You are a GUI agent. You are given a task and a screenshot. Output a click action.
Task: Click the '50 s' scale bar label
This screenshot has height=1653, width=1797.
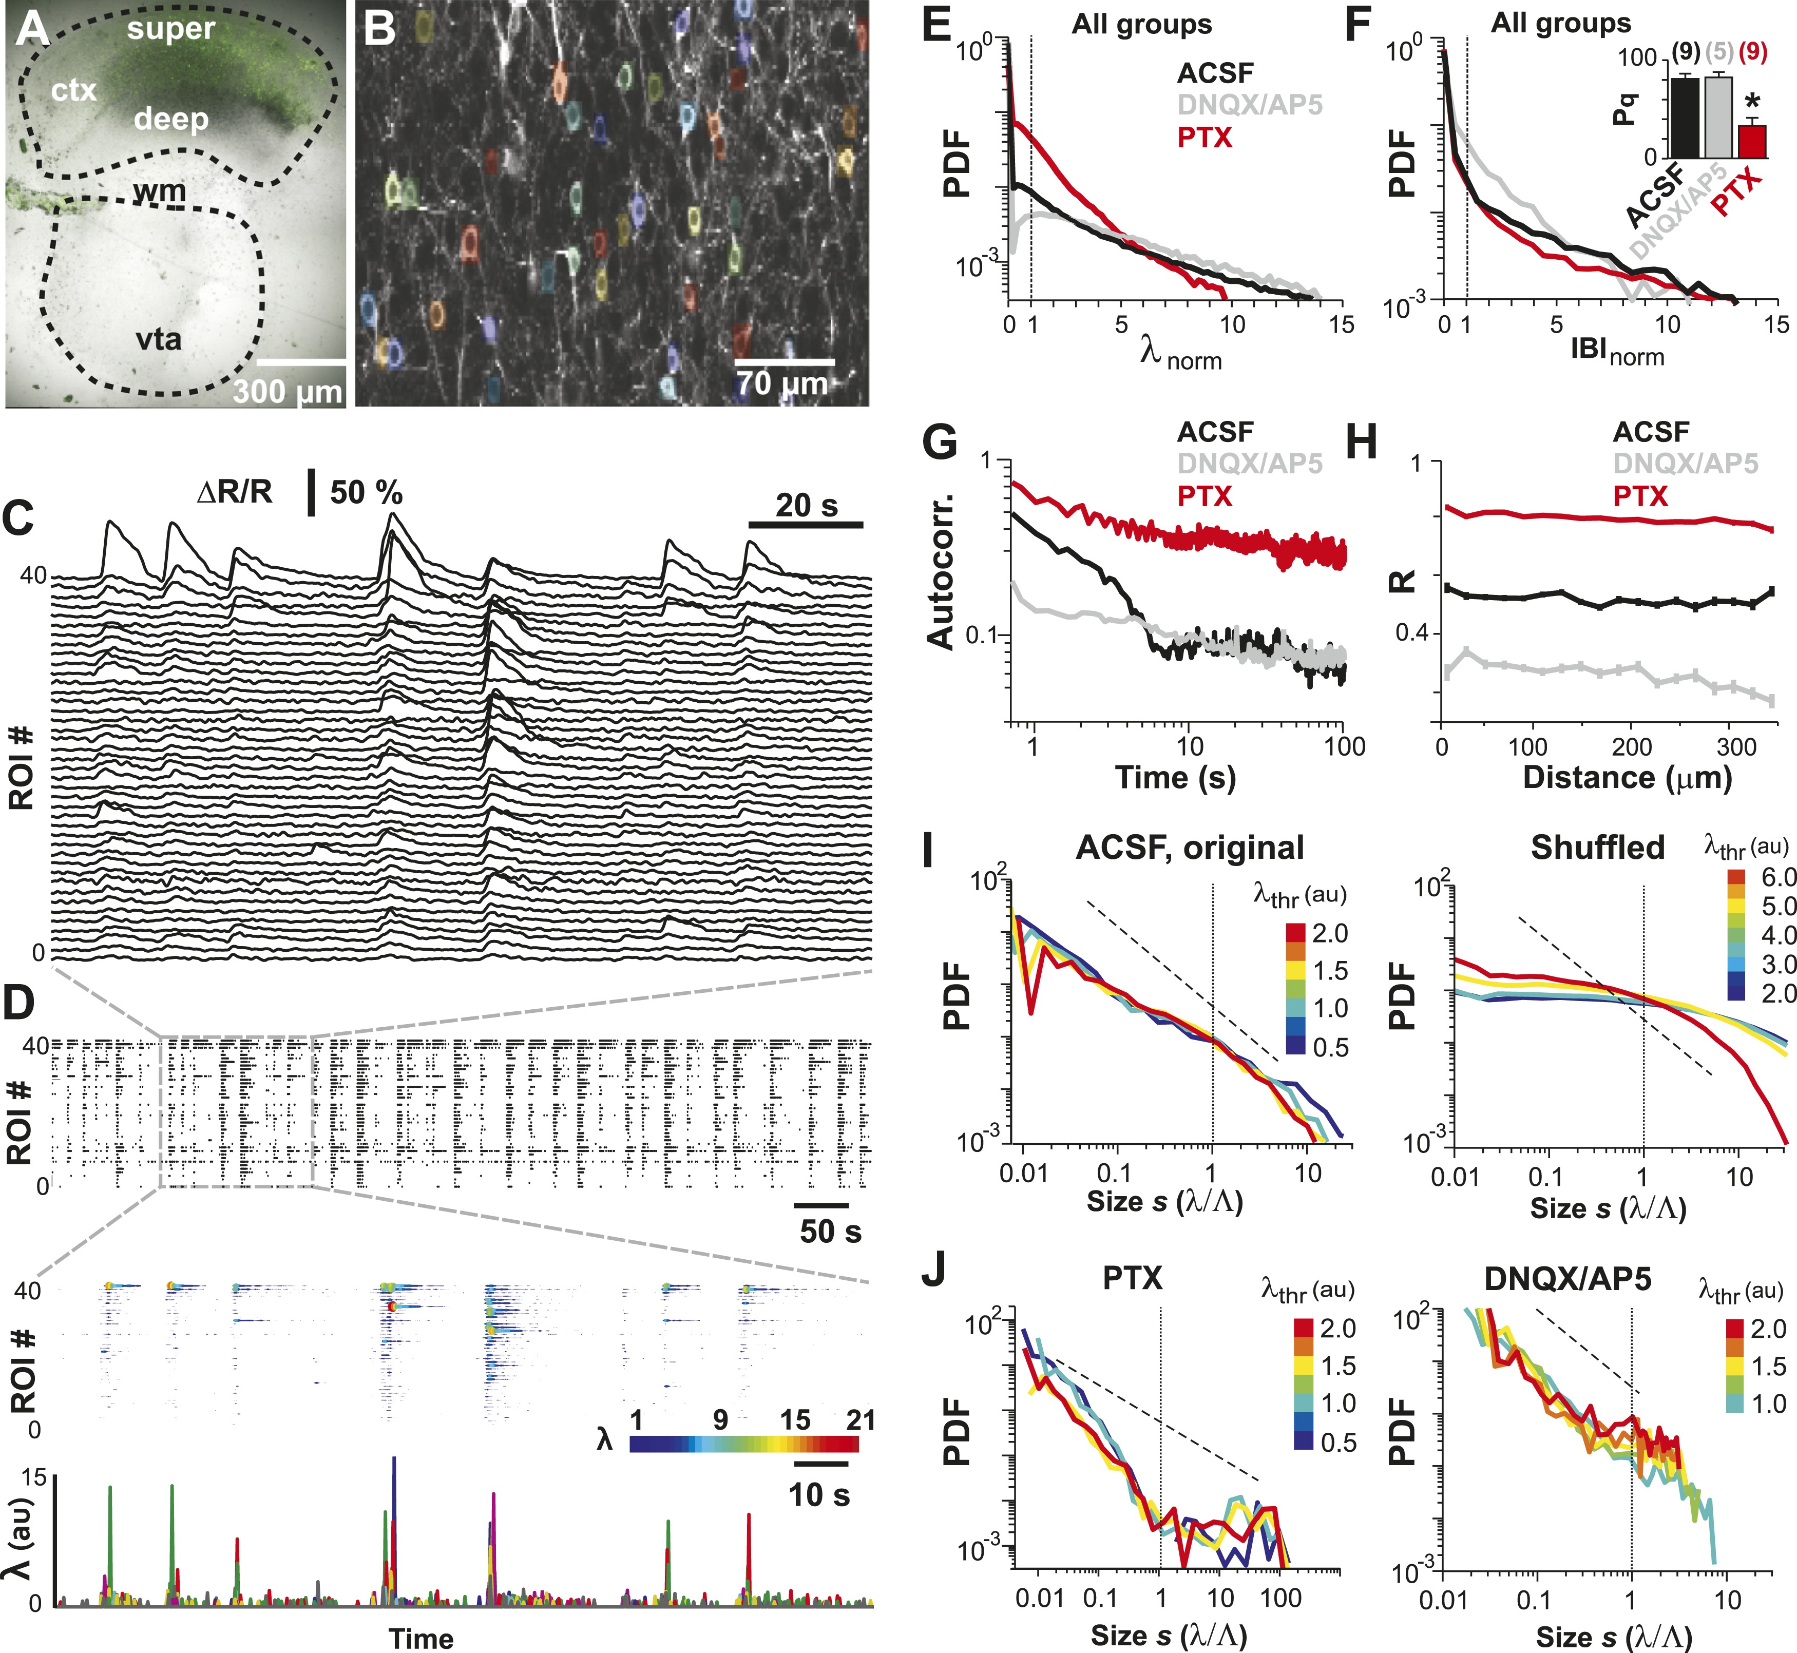coord(830,1231)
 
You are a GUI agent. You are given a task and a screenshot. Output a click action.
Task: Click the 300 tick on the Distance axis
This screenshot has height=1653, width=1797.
coord(1736,746)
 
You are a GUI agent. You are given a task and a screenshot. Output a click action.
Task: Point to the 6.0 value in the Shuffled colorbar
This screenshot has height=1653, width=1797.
coord(1778,877)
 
